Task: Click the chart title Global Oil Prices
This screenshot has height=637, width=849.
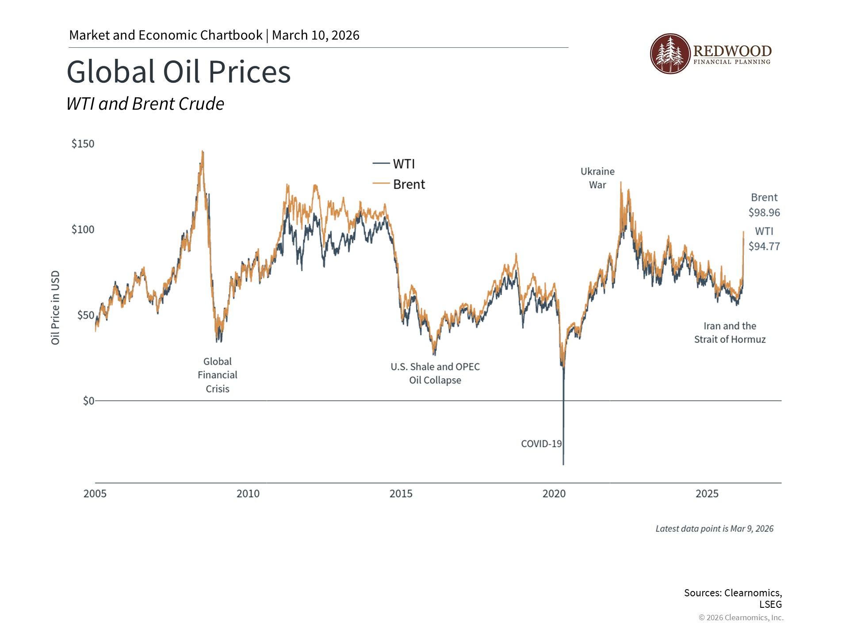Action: click(179, 72)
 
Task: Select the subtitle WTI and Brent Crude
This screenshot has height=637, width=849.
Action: click(145, 104)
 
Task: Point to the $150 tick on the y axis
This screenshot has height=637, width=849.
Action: click(83, 144)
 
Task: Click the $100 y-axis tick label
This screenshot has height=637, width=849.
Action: click(83, 230)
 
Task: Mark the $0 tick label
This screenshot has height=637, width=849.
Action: click(88, 401)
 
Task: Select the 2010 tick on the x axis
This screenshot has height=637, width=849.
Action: click(248, 494)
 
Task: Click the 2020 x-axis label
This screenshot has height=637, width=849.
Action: click(554, 494)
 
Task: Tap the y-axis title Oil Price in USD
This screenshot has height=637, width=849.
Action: click(55, 307)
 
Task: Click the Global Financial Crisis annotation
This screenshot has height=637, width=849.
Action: click(217, 375)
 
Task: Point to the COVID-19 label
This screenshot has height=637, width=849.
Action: click(541, 444)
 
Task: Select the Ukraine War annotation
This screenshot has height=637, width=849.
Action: click(597, 178)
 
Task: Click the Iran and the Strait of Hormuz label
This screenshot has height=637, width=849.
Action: click(730, 333)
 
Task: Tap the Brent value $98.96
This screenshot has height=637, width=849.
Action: click(764, 213)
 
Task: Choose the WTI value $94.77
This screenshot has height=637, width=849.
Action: click(764, 246)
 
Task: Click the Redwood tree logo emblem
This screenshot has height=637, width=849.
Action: click(670, 54)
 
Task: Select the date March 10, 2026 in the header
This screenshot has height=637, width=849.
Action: click(315, 35)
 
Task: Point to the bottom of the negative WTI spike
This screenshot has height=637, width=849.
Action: click(563, 464)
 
